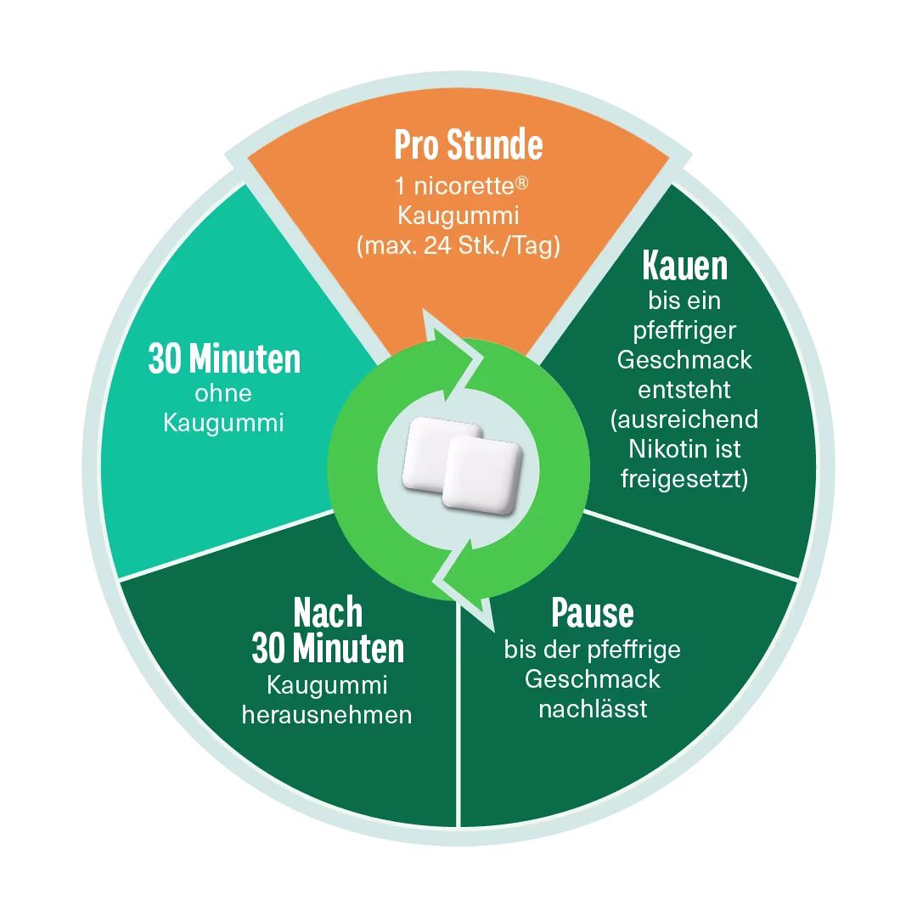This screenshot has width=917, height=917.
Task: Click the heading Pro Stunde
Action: point(469,144)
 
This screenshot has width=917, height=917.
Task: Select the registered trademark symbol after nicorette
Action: point(521,183)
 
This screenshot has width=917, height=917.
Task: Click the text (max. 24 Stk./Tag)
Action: point(458,245)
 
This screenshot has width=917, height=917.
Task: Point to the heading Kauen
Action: point(685,266)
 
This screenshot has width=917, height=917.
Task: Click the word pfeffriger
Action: point(684,331)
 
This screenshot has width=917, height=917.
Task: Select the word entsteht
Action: point(684,390)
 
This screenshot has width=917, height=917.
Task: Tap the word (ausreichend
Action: point(684,419)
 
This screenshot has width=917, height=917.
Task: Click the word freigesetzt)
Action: point(684,479)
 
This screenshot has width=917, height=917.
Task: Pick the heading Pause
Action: point(593,613)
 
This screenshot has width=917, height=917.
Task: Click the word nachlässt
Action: point(593,709)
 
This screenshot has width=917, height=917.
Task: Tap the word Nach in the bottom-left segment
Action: point(328,612)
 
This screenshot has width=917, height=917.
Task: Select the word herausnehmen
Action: point(327,715)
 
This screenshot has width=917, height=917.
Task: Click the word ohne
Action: point(222,394)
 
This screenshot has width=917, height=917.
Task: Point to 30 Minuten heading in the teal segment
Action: point(224,358)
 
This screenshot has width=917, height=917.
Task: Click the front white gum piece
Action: point(482,475)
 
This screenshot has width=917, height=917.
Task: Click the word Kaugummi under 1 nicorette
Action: point(458,216)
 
